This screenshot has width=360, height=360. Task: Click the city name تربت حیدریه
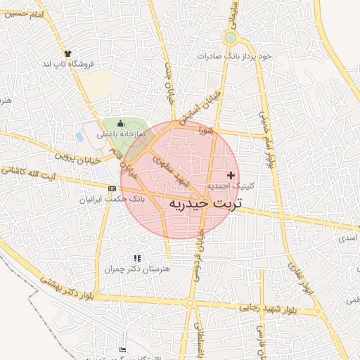(x=205, y=203)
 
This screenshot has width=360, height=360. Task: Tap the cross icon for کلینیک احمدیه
(x=231, y=174)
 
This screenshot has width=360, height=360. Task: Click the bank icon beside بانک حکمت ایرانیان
(x=112, y=188)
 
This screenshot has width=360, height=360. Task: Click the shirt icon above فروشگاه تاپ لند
(x=68, y=53)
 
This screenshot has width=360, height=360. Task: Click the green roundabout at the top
(x=230, y=37)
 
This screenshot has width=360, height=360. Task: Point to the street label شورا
(x=205, y=130)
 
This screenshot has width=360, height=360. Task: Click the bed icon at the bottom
(x=124, y=350)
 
